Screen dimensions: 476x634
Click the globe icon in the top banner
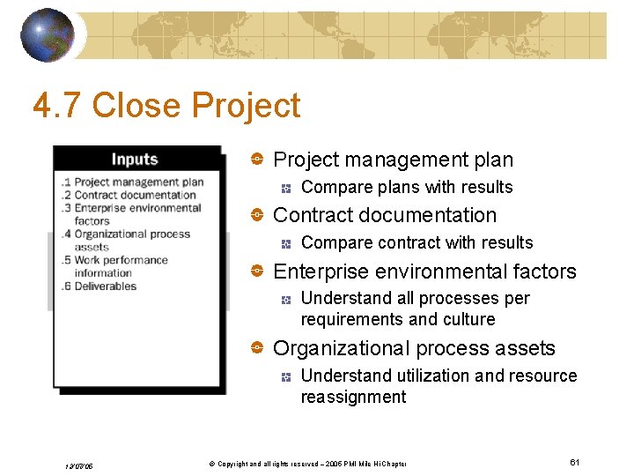pyautogui.click(x=48, y=35)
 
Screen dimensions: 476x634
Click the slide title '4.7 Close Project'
pyautogui.click(x=166, y=106)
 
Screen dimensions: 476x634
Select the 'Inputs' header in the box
pyautogui.click(x=135, y=160)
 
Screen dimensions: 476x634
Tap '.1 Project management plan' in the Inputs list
pyautogui.click(x=133, y=182)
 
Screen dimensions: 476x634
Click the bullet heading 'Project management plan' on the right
pyautogui.click(x=393, y=160)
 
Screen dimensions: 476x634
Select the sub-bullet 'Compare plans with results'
pyautogui.click(x=406, y=187)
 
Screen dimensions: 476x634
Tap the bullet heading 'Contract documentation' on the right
pyautogui.click(x=385, y=215)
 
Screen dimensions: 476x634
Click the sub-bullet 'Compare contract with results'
pyautogui.click(x=417, y=242)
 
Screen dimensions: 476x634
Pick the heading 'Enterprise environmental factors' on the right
pyautogui.click(x=424, y=271)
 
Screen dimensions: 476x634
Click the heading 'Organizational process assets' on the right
pyautogui.click(x=414, y=348)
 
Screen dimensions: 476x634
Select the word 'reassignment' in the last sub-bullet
pyautogui.click(x=353, y=397)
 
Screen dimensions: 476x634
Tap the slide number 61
pyautogui.click(x=574, y=463)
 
